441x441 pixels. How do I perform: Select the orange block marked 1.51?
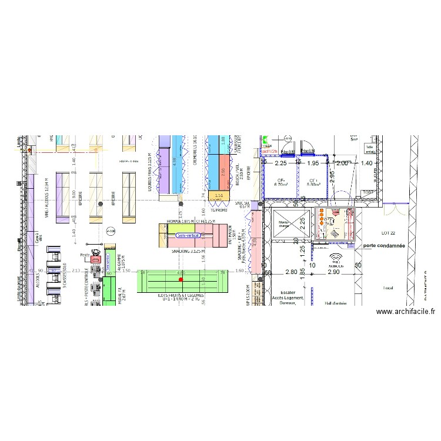pyautogui.click(x=219, y=196)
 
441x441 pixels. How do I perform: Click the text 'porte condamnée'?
pyautogui.click(x=384, y=246)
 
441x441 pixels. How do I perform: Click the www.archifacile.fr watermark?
pyautogui.click(x=405, y=312)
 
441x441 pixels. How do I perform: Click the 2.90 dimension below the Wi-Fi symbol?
pyautogui.click(x=334, y=272)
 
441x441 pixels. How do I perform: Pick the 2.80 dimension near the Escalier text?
pyautogui.click(x=292, y=272)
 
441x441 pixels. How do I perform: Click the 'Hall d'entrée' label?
pyautogui.click(x=336, y=303)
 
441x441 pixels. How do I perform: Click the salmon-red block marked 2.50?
pyautogui.click(x=223, y=173)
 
